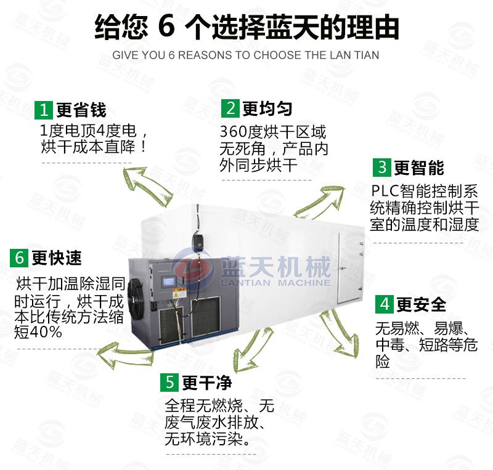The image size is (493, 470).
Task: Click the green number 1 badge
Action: (x=44, y=110)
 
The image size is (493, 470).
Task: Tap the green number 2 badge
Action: (x=230, y=108)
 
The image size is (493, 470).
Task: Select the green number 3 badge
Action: (x=382, y=168)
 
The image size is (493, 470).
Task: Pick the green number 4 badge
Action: (x=385, y=304)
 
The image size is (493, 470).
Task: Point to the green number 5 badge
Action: (x=169, y=383)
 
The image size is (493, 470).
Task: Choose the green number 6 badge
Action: (x=19, y=258)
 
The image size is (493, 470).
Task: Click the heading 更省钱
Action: (x=81, y=110)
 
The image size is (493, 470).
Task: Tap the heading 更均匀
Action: (x=267, y=108)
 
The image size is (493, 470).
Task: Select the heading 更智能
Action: (x=420, y=168)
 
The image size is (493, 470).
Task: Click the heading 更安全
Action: (x=422, y=304)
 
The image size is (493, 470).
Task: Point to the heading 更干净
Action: (x=207, y=383)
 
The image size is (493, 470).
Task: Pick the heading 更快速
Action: (x=57, y=258)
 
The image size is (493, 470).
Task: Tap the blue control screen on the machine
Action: (x=169, y=282)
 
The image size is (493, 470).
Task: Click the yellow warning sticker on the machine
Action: (x=179, y=293)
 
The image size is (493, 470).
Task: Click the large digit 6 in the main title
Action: (x=166, y=26)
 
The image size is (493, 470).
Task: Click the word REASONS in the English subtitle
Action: (x=205, y=55)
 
